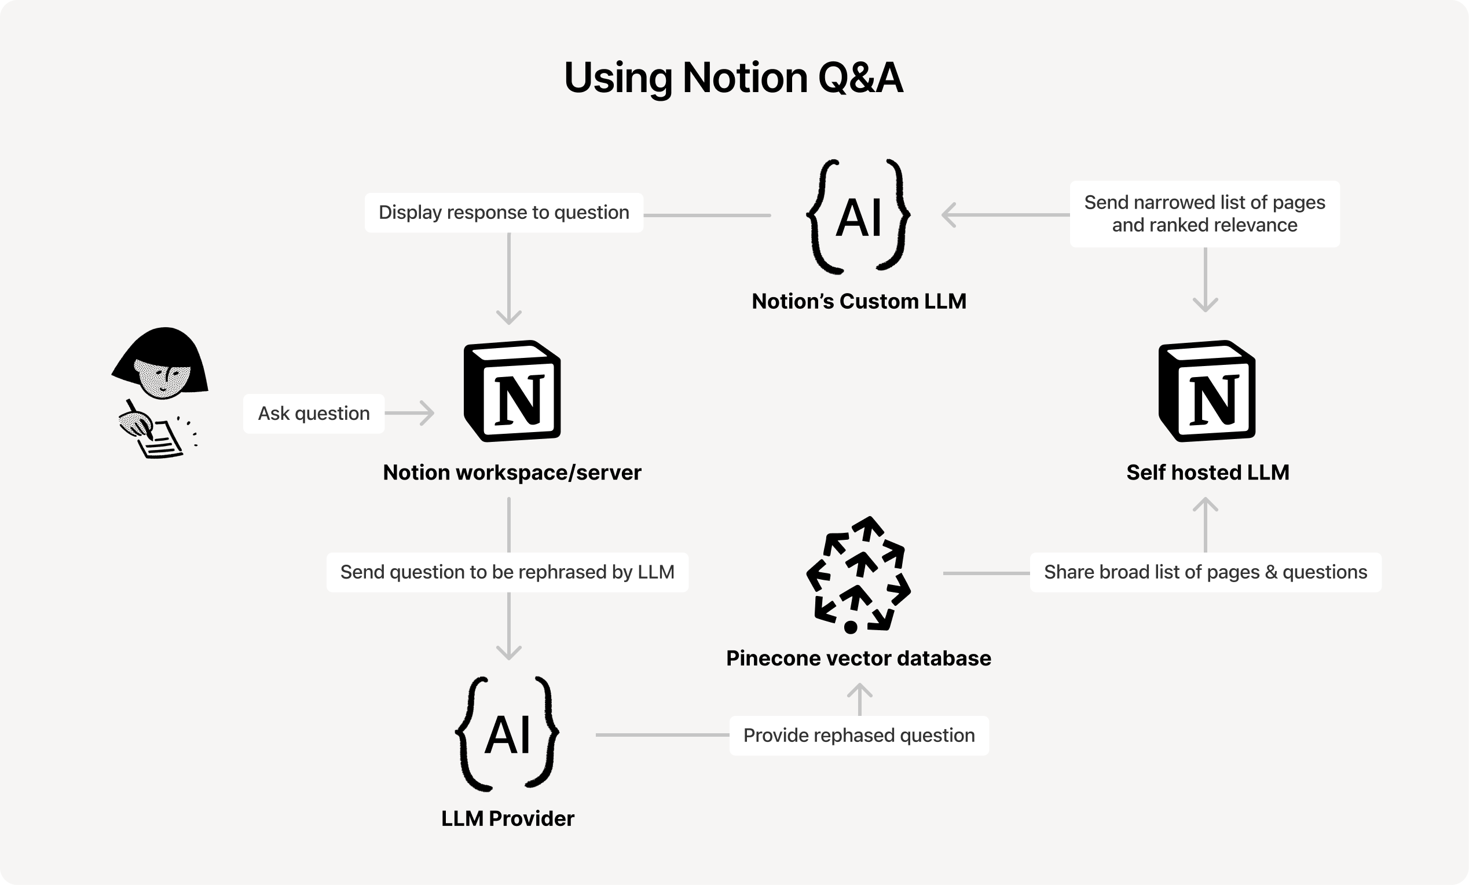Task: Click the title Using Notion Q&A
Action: pyautogui.click(x=733, y=78)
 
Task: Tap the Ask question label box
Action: pyautogui.click(x=314, y=414)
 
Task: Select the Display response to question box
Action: pyautogui.click(x=504, y=213)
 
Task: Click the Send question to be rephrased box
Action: pyautogui.click(x=507, y=572)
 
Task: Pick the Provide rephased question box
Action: pyautogui.click(x=859, y=736)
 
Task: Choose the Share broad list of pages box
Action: pyautogui.click(x=1205, y=572)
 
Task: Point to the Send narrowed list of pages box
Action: pyautogui.click(x=1204, y=214)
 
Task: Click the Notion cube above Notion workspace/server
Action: pyautogui.click(x=512, y=391)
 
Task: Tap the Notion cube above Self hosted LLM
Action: pyautogui.click(x=1207, y=391)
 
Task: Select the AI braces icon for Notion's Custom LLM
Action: pyautogui.click(x=859, y=217)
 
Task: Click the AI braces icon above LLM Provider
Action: pyautogui.click(x=507, y=733)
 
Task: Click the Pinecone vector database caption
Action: pyautogui.click(x=859, y=659)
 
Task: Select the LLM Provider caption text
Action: pyautogui.click(x=507, y=819)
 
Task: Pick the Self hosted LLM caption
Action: pyautogui.click(x=1207, y=472)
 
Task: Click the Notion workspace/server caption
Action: pyautogui.click(x=511, y=472)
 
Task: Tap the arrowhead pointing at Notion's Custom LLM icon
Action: pyautogui.click(x=948, y=215)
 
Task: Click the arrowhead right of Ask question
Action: pyautogui.click(x=427, y=414)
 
